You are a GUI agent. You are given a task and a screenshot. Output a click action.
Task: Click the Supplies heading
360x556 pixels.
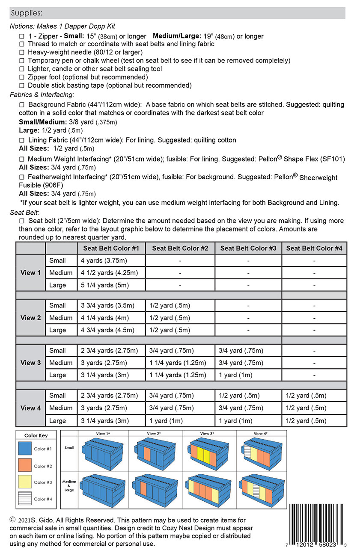click(27, 13)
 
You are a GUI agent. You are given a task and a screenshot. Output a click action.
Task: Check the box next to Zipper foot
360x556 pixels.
click(22, 77)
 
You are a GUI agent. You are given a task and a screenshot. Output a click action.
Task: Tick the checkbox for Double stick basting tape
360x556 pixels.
click(22, 86)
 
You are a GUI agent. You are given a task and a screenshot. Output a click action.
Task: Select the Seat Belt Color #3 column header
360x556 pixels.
click(248, 248)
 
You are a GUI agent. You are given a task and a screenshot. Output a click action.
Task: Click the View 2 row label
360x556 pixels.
click(30, 318)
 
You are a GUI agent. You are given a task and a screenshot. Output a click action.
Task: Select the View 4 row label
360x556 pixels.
click(30, 408)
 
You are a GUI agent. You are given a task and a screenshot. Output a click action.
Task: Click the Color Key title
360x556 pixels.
click(36, 435)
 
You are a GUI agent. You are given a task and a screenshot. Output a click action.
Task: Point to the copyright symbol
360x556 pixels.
click(13, 520)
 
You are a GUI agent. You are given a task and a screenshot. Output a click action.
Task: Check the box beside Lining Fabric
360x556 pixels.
click(22, 140)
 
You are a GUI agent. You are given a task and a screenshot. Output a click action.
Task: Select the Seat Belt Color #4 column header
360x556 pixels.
click(314, 248)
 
